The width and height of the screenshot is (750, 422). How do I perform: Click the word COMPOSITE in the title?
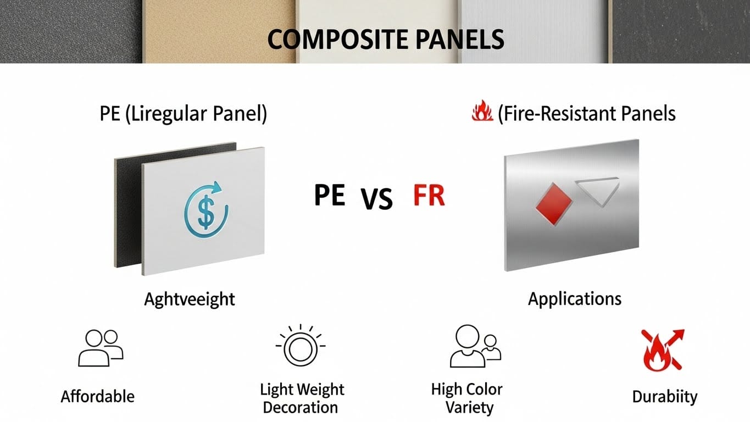click(338, 39)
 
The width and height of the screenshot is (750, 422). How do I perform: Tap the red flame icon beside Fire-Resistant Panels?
click(482, 110)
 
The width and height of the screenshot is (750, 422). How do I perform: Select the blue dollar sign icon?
click(206, 210)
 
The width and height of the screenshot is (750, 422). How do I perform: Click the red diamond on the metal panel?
click(554, 204)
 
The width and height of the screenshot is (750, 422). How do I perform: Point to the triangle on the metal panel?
click(598, 191)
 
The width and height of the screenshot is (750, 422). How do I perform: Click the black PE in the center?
click(330, 195)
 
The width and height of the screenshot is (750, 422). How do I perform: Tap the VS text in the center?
click(377, 198)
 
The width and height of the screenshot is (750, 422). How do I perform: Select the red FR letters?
click(429, 195)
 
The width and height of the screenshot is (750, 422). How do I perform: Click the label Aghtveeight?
click(190, 299)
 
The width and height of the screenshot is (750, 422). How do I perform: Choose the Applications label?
click(575, 299)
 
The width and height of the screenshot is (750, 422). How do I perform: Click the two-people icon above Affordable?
click(101, 348)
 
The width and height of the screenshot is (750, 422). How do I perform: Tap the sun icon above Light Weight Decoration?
click(301, 346)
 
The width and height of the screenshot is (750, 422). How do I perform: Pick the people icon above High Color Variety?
click(475, 346)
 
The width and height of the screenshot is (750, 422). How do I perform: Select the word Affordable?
click(97, 397)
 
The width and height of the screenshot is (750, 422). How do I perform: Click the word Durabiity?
click(665, 397)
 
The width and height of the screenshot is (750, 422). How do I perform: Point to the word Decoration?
click(301, 408)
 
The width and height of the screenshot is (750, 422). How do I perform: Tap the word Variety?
click(469, 408)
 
